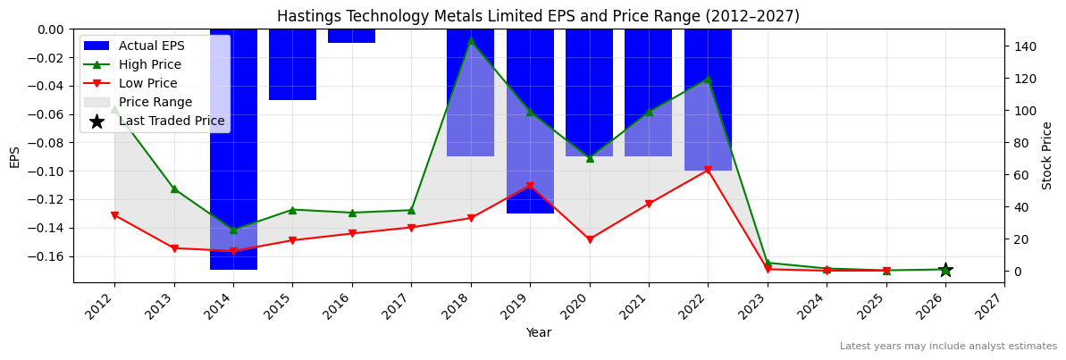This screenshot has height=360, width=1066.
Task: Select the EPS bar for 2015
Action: [292, 64]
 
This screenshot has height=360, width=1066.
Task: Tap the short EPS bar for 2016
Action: [351, 36]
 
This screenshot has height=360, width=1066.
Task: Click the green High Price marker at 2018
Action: [471, 40]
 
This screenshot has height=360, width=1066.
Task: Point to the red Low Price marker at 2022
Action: [708, 170]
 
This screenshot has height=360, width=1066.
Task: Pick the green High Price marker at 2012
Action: [114, 108]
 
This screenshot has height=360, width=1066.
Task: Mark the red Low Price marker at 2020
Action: [590, 239]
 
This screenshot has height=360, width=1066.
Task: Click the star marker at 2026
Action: [945, 270]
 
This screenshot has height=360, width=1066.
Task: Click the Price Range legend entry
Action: [155, 103]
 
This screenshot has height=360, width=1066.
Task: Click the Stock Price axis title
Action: [1048, 155]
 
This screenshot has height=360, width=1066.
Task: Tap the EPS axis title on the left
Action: [14, 156]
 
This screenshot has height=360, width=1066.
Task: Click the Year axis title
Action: [538, 333]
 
